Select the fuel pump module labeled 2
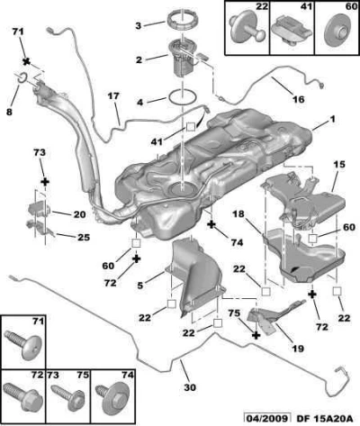[183, 59]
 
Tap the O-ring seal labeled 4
[183, 97]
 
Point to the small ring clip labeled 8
[22, 77]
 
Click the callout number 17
[113, 96]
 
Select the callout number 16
[299, 99]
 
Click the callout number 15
[339, 165]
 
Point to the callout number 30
[190, 387]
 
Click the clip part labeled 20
[40, 208]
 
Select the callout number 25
[84, 237]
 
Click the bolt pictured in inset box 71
[23, 344]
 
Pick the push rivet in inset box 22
[247, 27]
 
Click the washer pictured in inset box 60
[337, 31]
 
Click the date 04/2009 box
[267, 418]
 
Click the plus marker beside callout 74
[211, 224]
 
